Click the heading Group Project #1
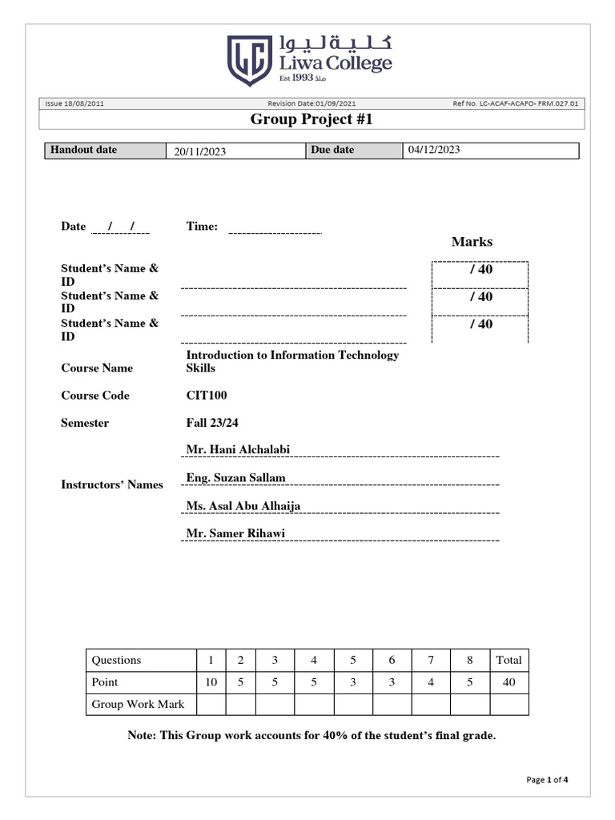(312, 120)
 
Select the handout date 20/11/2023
(200, 152)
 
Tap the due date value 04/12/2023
(434, 150)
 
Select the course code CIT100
(203, 396)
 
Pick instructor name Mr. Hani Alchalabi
(238, 450)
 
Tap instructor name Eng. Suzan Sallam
(235, 478)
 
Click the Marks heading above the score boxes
(472, 242)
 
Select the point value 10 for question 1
(211, 682)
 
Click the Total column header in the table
(508, 661)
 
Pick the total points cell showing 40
(508, 682)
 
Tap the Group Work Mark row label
(138, 705)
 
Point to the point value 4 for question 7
(431, 682)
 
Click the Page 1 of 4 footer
(547, 780)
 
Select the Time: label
(202, 227)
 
